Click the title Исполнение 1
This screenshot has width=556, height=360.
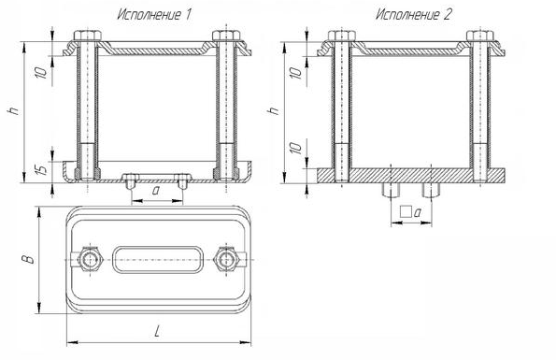tap(154, 15)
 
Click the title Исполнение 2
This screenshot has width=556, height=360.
tap(413, 15)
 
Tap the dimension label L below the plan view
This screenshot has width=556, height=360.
tap(157, 332)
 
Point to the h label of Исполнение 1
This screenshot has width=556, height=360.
tap(14, 110)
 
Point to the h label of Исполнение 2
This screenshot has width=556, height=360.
tap(275, 110)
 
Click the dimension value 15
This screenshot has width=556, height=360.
tap(42, 169)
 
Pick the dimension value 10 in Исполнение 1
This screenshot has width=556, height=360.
tap(42, 72)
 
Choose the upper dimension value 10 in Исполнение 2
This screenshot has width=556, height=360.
tap(295, 73)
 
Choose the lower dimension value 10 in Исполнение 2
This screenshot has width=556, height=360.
tap(295, 148)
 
